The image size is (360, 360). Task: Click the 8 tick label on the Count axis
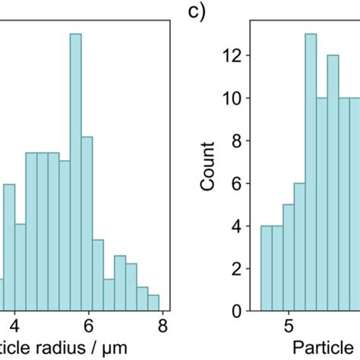pos(238,141)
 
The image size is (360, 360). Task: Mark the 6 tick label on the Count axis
pos(238,183)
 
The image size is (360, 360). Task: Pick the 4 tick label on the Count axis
pos(238,226)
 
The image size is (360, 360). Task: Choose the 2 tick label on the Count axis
pos(238,268)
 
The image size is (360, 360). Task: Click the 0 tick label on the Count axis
pos(238,311)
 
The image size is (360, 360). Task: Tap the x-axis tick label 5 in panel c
pos(289,327)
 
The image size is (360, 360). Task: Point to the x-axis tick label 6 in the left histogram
pos(89,327)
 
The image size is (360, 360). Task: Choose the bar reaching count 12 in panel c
pos(333,183)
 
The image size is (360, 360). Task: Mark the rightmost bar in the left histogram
pos(153,302)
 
